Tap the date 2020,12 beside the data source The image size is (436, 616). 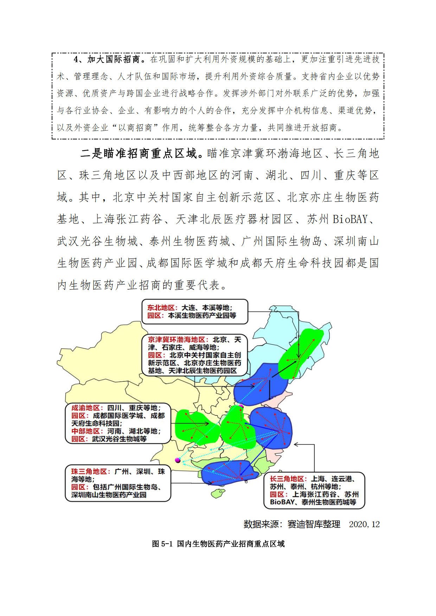[364, 524]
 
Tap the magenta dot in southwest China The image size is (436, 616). [178, 460]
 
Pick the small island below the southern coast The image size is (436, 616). [218, 494]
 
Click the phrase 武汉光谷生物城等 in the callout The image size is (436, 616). [119, 439]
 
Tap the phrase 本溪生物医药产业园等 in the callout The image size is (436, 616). [202, 315]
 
